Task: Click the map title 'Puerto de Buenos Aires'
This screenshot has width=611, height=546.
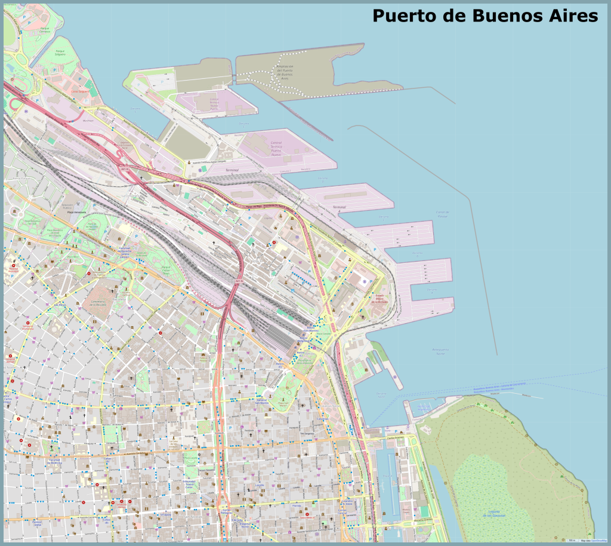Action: tap(485, 16)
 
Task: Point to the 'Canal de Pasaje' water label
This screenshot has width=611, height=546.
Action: tap(442, 214)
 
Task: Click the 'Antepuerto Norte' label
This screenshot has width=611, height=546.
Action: tap(440, 351)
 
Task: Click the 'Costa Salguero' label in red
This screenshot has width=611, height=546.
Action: tap(79, 91)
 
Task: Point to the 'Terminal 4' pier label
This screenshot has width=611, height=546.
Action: tap(338, 208)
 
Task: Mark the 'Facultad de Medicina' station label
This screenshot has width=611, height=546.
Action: tap(54, 461)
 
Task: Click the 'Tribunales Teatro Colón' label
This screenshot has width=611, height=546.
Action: tap(189, 483)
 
